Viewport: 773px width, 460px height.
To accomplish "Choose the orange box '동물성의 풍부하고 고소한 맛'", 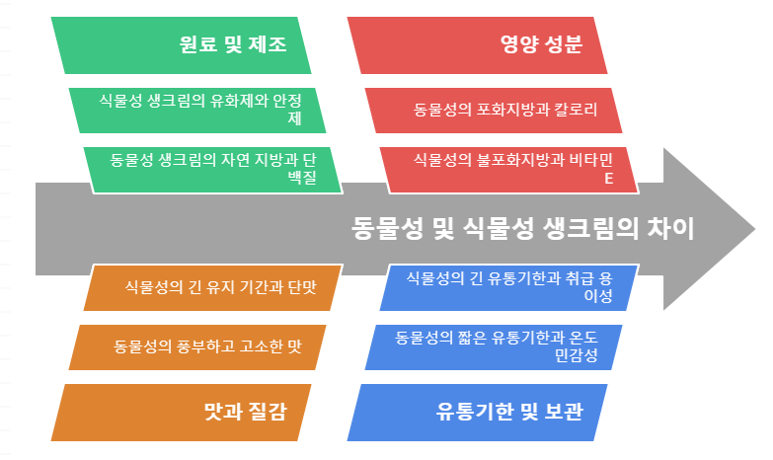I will [x=197, y=347].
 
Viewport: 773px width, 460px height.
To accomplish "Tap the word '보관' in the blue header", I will [x=560, y=412].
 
